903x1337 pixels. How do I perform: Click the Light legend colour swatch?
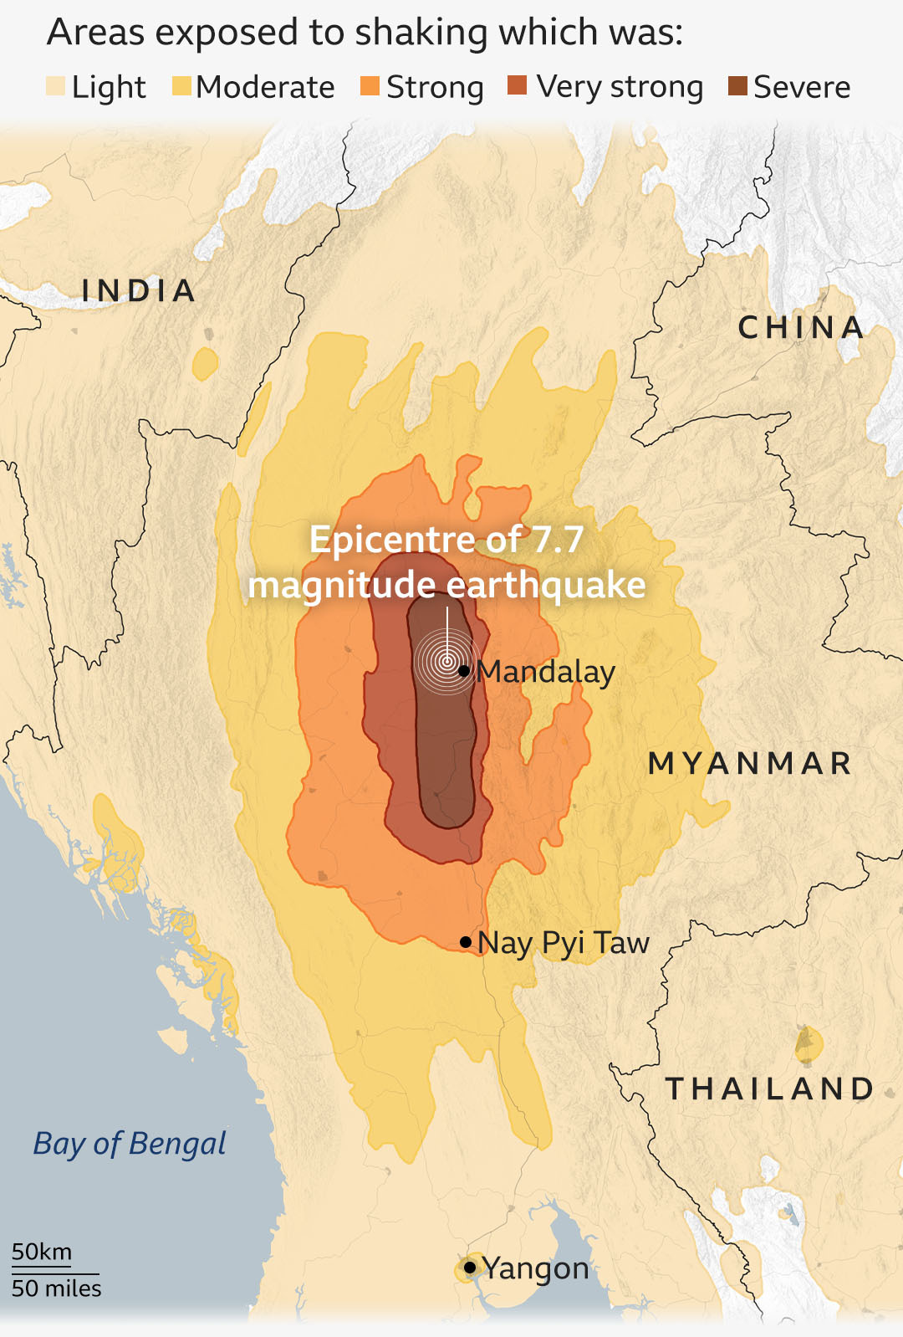[55, 86]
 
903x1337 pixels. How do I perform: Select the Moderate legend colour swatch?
[181, 86]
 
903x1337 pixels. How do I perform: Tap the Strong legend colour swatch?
[370, 86]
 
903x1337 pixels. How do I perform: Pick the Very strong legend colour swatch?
[518, 86]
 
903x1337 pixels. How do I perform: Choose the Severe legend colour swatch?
[737, 86]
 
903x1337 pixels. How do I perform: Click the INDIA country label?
[139, 291]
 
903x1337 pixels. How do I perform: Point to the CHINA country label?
[801, 328]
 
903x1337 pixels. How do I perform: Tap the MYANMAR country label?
[750, 763]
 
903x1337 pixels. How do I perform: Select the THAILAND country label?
[769, 1089]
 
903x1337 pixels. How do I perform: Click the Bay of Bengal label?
[130, 1144]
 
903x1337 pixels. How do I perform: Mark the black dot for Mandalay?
[464, 671]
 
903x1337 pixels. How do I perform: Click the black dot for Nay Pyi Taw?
[466, 942]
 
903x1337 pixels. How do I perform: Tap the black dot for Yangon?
[470, 1268]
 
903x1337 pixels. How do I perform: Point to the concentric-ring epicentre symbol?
[447, 663]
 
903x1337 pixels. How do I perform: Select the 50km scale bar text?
[42, 1252]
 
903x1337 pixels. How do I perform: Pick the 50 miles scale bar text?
[56, 1288]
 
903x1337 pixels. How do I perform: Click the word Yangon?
[536, 1268]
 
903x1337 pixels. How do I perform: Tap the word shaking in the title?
[421, 33]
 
